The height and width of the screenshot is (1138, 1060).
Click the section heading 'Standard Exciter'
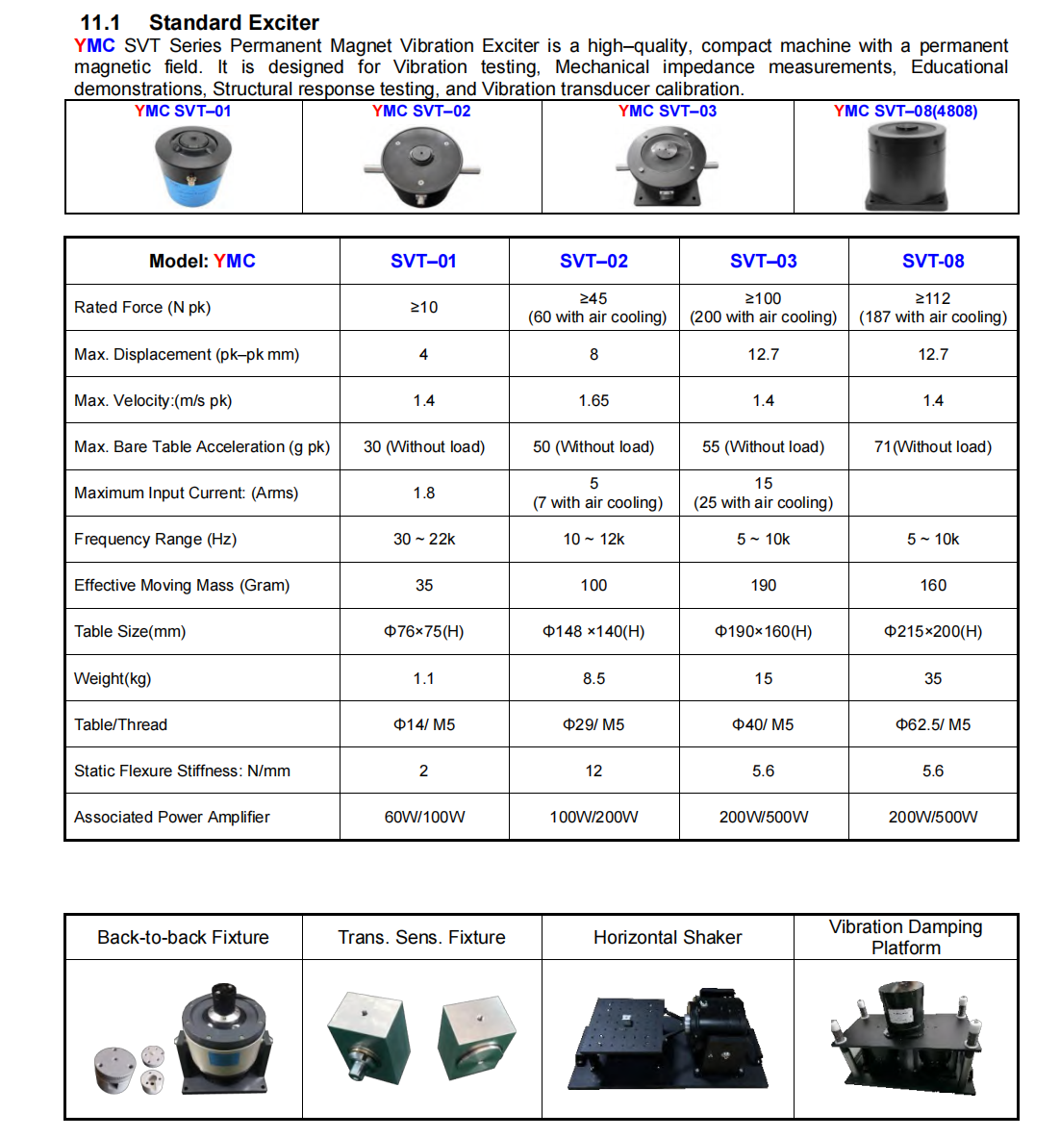coord(234,22)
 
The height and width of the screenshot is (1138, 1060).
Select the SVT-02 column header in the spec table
coord(593,261)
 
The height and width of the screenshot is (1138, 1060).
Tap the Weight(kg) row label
coord(113,678)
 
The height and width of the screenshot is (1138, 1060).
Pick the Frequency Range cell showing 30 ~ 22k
coord(424,539)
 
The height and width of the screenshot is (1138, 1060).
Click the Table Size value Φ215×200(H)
coord(933,632)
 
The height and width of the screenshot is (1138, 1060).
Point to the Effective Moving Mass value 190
coord(764,585)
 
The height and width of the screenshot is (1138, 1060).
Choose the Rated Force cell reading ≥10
coord(424,307)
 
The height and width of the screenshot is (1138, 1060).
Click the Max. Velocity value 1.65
coord(593,400)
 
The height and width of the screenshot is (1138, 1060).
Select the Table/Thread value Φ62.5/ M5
coord(933,724)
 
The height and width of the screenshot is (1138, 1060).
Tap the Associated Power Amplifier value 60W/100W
coord(424,817)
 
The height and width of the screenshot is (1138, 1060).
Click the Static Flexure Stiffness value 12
coord(593,771)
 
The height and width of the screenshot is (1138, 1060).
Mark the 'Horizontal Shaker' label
coord(668,937)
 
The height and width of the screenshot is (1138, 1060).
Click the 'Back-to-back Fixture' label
coord(183,937)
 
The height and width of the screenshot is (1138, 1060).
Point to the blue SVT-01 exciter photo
coord(192,166)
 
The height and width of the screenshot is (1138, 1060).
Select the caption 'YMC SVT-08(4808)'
coord(905,111)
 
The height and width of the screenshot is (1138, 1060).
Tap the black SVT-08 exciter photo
coord(907,167)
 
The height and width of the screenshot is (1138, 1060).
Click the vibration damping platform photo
coord(905,1038)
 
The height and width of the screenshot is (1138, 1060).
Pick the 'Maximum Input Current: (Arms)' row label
coord(186,493)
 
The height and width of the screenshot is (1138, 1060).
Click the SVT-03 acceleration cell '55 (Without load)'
coord(764,446)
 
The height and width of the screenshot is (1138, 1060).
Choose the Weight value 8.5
coord(593,678)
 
